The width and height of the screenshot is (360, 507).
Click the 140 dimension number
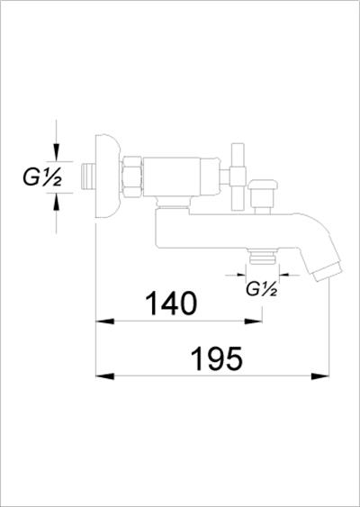pos(171,303)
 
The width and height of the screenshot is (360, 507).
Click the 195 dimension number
pos(217,358)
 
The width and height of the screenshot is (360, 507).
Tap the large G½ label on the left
pos(42,177)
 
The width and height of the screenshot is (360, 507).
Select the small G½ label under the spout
pos(261,289)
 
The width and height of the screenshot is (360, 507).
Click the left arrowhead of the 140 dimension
pos(105,321)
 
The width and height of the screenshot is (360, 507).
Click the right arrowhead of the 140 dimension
pos(253,321)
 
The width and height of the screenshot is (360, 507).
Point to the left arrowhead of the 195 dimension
pos(105,376)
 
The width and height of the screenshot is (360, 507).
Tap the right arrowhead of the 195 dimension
pos(319,376)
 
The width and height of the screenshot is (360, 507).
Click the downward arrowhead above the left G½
pos(56,152)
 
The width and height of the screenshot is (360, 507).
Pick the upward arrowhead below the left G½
pos(56,202)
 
